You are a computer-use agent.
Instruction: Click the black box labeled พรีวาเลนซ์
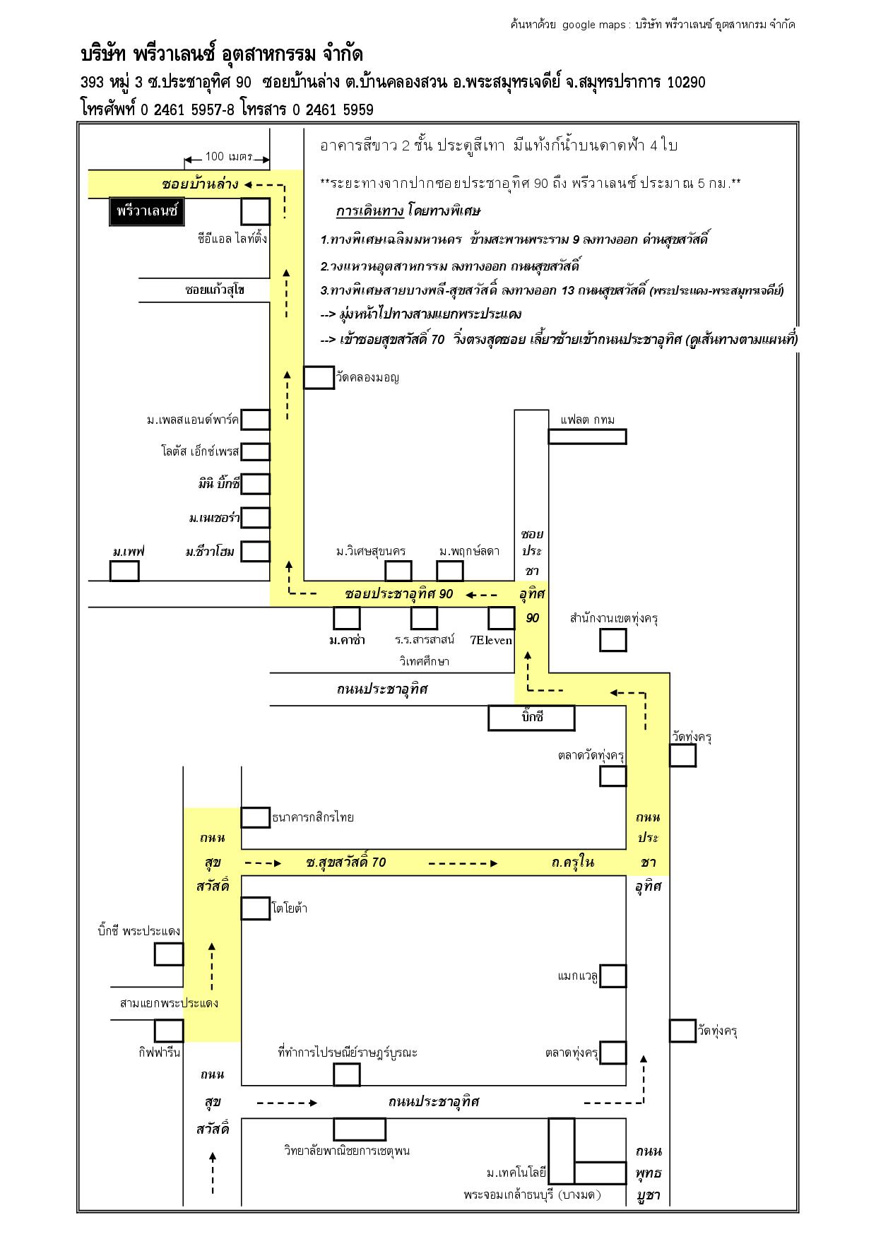[146, 211]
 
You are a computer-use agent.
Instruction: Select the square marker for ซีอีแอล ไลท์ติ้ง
[256, 211]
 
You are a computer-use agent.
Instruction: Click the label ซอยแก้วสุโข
[215, 290]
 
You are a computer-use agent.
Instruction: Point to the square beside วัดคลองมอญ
[319, 377]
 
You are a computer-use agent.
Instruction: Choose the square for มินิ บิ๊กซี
[256, 484]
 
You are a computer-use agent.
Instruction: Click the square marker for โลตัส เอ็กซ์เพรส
[256, 451]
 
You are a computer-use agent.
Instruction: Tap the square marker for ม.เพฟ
[124, 571]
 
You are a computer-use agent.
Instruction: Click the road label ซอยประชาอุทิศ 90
[399, 594]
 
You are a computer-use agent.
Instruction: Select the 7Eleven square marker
[501, 618]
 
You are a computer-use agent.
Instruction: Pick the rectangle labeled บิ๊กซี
[531, 718]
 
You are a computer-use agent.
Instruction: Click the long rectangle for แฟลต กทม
[588, 437]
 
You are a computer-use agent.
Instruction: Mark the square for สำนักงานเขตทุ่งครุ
[613, 640]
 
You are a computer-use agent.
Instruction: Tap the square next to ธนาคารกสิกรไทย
[256, 817]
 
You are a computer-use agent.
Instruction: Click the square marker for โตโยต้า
[256, 908]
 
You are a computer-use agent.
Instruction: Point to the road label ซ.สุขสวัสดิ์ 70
[346, 862]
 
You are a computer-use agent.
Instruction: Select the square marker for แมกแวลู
[613, 976]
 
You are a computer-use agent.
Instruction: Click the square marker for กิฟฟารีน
[170, 1031]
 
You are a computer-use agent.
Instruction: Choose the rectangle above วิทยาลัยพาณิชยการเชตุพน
[360, 1129]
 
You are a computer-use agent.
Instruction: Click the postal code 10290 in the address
[686, 83]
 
